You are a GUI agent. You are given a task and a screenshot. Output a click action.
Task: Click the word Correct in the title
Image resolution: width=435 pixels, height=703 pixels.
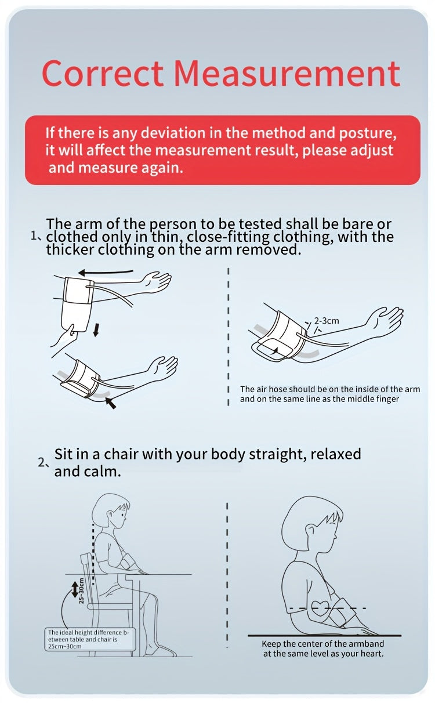(x=102, y=74)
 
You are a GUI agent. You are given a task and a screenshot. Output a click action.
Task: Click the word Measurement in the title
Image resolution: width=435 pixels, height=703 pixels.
(x=287, y=74)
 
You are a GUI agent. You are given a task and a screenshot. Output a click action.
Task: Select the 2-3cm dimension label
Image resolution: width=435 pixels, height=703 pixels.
(x=327, y=321)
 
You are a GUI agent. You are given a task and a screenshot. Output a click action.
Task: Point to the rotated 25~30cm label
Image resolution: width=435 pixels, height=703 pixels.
(x=81, y=590)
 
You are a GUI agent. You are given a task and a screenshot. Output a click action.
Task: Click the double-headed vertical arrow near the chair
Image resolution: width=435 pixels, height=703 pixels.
(x=75, y=589)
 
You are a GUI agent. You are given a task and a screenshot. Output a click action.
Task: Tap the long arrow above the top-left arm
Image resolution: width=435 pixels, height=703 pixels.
(x=106, y=272)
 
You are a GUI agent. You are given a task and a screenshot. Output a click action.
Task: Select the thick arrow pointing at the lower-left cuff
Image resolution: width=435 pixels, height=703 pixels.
(x=110, y=403)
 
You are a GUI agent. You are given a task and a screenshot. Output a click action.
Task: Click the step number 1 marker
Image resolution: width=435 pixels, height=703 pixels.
(x=35, y=237)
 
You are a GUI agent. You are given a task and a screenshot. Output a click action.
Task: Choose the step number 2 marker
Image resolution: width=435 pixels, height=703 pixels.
(x=43, y=462)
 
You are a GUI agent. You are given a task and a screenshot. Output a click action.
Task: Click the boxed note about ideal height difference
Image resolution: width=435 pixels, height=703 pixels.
(x=90, y=639)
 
